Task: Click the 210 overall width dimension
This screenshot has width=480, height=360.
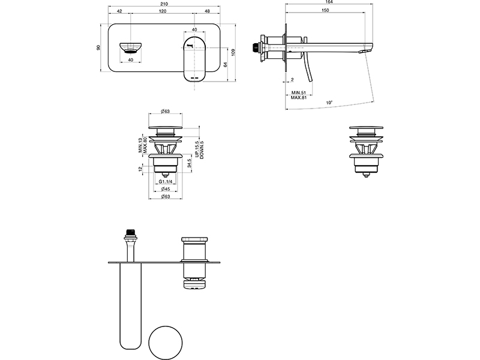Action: pyautogui.click(x=164, y=4)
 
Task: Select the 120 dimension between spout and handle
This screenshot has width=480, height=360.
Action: pyautogui.click(x=163, y=11)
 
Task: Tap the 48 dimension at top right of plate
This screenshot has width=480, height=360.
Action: pyautogui.click(x=207, y=11)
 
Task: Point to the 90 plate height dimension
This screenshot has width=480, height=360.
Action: pyautogui.click(x=98, y=48)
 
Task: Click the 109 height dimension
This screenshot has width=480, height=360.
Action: pyautogui.click(x=234, y=52)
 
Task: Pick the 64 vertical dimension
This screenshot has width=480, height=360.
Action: pyautogui.click(x=226, y=65)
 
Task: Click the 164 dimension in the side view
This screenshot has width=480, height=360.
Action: pyautogui.click(x=329, y=2)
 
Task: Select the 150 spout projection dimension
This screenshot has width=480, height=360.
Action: pyautogui.click(x=325, y=10)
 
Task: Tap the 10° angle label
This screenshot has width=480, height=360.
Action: pyautogui.click(x=329, y=103)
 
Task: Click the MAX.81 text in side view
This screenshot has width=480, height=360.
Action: pyautogui.click(x=298, y=98)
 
